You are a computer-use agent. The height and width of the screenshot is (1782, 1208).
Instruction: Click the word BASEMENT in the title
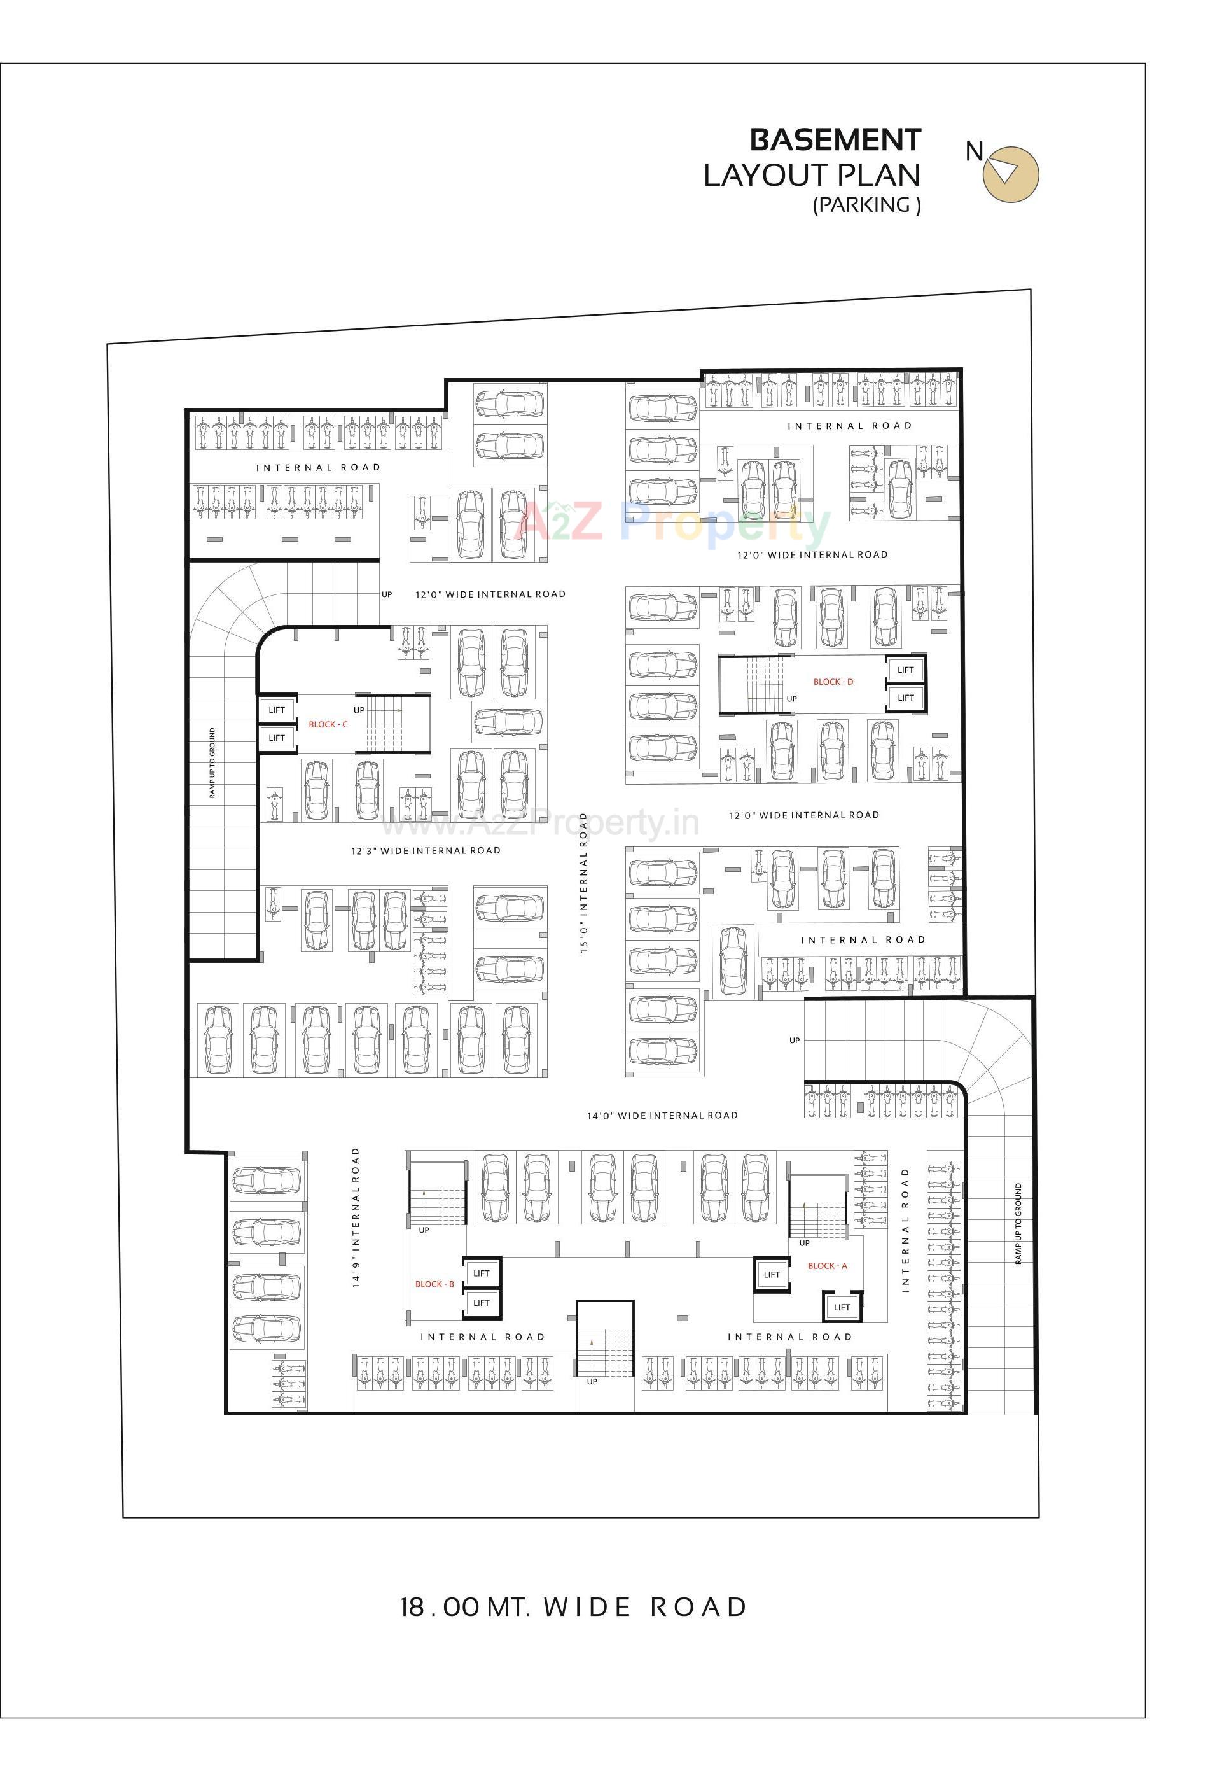coord(835,140)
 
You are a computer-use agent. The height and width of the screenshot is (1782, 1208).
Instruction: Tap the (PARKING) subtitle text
coord(866,205)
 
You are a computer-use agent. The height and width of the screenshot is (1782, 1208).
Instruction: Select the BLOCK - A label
coord(827,1266)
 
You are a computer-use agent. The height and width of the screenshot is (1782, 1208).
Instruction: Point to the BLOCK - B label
coord(434,1284)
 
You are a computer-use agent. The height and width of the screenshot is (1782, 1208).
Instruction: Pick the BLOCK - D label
coord(833,682)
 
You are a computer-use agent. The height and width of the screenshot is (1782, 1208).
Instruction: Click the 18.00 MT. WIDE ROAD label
coord(573,1606)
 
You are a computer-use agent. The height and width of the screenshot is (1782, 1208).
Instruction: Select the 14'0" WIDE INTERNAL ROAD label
coord(662,1116)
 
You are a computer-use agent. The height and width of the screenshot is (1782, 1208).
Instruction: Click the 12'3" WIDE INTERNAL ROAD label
coord(426,850)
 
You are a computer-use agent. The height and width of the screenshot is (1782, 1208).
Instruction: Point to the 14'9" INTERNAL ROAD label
coord(356,1217)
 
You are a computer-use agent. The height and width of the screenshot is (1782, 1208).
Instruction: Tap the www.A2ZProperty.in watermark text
coord(540,824)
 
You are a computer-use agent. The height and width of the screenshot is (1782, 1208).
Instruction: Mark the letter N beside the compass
coord(973,152)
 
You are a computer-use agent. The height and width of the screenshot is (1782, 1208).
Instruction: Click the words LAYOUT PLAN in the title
coord(812,176)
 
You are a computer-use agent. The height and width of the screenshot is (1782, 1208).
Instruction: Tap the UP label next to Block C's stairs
coord(359,710)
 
